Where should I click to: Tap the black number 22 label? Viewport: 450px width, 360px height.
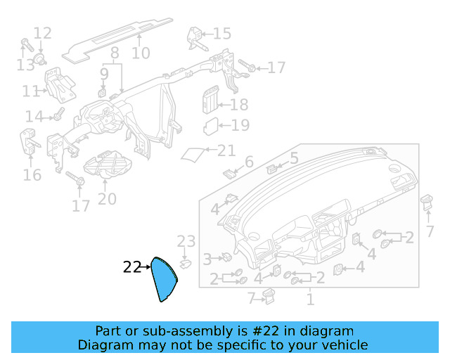point(131,267)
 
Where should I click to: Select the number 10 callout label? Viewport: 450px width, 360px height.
point(141,53)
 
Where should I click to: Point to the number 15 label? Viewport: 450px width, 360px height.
point(221,34)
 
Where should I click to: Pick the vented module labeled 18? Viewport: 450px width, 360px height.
point(209,100)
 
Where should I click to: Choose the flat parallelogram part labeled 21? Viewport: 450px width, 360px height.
point(194,154)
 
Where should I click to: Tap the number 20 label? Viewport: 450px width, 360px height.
point(107,200)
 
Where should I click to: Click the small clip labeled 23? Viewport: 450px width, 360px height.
point(185,264)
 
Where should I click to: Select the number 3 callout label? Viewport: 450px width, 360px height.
point(207,259)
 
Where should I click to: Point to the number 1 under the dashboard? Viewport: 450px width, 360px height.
point(309,300)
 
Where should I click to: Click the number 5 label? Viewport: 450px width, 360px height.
point(294,158)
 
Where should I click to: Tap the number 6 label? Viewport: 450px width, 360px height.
point(248,163)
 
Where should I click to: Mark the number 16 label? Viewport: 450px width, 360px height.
point(32,175)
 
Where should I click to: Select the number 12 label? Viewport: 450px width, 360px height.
point(42,33)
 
